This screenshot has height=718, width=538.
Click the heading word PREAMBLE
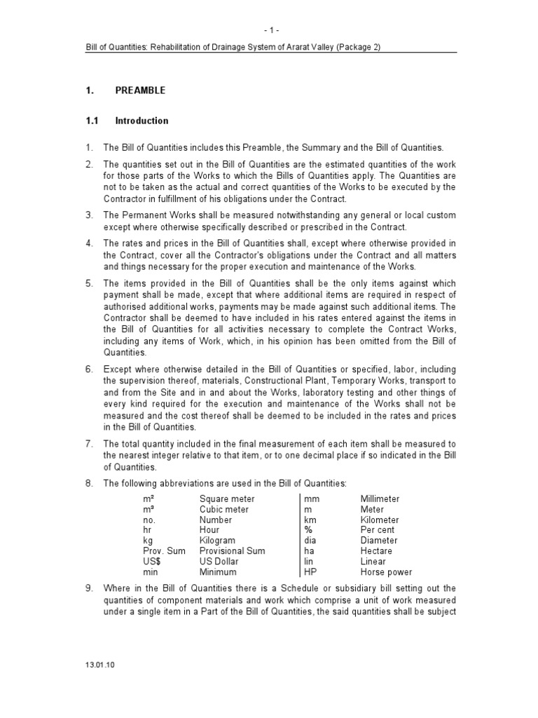click(140, 91)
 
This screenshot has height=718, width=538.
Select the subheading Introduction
click(142, 121)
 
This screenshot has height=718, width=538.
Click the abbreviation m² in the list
click(148, 499)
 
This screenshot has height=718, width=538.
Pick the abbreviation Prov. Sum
click(165, 551)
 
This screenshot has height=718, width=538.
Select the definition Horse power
click(386, 572)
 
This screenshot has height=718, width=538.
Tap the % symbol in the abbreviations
click(308, 531)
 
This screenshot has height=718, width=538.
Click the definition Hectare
click(376, 551)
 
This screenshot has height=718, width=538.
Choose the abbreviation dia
click(310, 541)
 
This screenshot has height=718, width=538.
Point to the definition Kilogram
click(217, 541)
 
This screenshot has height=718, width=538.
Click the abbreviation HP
click(310, 572)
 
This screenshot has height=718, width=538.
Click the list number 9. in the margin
click(89, 588)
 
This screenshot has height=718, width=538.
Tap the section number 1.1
click(91, 121)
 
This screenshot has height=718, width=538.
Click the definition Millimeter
click(380, 499)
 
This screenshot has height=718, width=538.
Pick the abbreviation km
click(310, 520)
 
